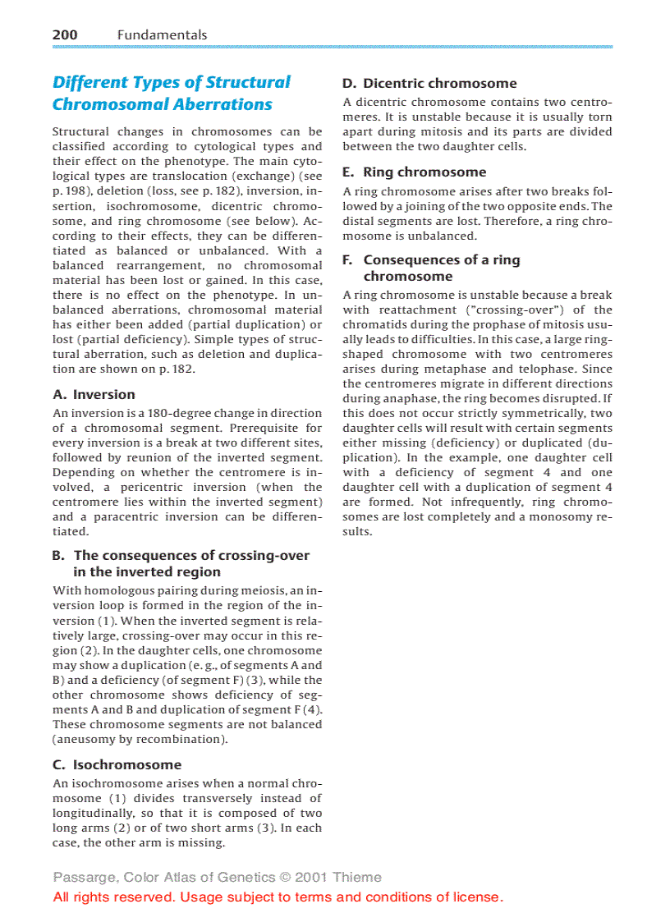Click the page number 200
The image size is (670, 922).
click(65, 34)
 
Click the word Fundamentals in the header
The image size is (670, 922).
click(162, 34)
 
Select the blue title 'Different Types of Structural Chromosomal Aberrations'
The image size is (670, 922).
click(171, 93)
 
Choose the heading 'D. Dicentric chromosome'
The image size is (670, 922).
click(429, 83)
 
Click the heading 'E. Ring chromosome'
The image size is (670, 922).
click(414, 172)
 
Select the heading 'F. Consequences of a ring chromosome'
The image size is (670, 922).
click(430, 268)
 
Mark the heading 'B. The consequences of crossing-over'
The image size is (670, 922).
click(181, 555)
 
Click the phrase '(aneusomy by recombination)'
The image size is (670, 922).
click(140, 739)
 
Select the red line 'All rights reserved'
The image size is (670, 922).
click(278, 897)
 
